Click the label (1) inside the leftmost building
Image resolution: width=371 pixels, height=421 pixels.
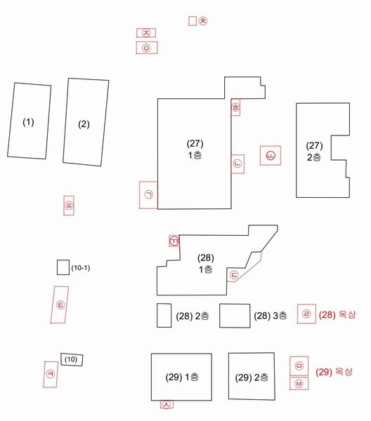click(28, 122)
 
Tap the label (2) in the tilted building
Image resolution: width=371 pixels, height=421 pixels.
click(84, 124)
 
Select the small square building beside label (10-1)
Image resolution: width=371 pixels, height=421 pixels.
click(63, 267)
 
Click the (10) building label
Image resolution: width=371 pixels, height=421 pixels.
click(71, 359)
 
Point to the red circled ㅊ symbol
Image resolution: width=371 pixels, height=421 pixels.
click(203, 20)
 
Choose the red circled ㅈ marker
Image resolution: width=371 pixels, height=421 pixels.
click(146, 33)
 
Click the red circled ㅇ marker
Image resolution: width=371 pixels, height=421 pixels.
click(147, 48)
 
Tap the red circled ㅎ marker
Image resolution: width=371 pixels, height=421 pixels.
click(235, 107)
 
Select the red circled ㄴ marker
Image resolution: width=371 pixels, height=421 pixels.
click(237, 163)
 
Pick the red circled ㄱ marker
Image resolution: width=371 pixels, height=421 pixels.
click(149, 194)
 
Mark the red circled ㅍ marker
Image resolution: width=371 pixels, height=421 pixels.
click(69, 206)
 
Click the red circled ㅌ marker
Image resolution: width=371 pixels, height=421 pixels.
click(60, 305)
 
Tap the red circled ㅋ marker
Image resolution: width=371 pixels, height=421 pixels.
click(51, 374)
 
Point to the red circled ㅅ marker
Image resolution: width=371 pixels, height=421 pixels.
click(167, 404)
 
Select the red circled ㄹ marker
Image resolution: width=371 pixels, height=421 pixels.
click(306, 314)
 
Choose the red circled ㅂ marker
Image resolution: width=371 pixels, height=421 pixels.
click(299, 383)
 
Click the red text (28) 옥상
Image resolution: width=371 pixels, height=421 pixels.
click(337, 314)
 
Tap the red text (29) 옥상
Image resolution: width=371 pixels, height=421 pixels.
click(334, 372)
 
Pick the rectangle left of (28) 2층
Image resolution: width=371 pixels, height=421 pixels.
click(164, 316)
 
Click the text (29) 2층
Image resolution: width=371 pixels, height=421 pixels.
click(252, 377)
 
